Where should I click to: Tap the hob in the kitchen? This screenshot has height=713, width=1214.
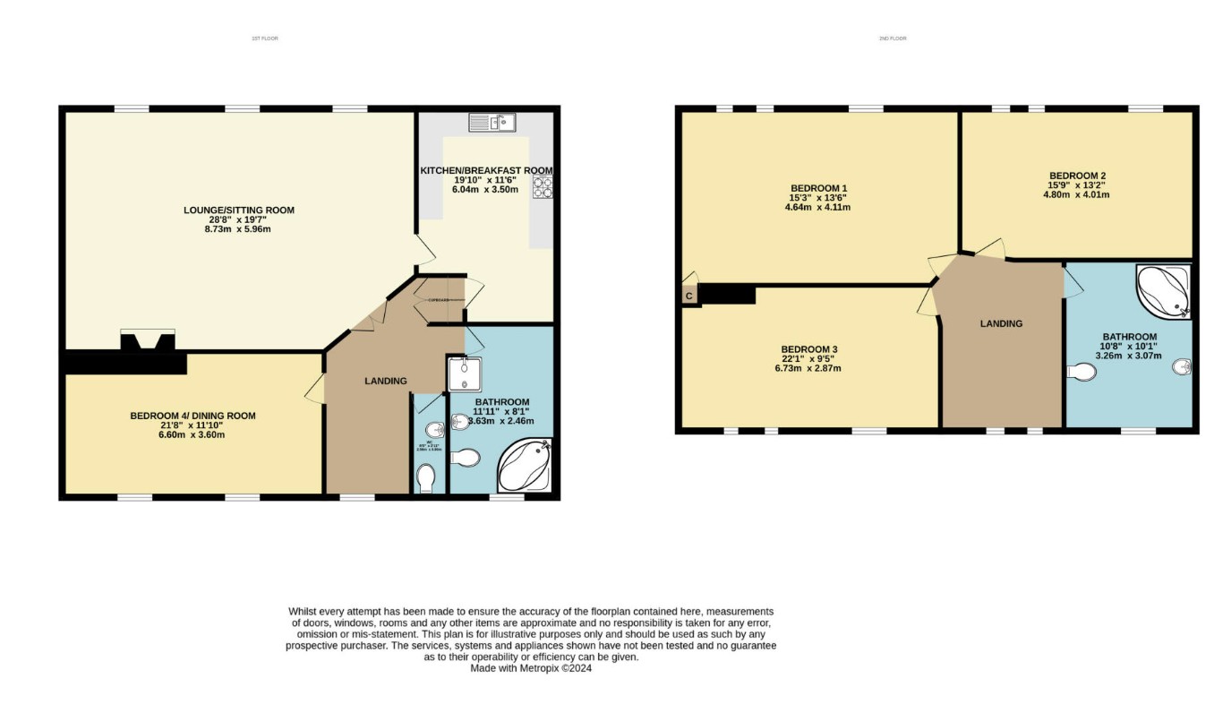click(x=543, y=187)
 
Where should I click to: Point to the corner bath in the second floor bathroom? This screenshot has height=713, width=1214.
click(x=1164, y=290)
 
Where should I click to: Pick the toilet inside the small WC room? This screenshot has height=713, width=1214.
click(x=426, y=477)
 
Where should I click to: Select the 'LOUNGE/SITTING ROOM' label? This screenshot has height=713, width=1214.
click(x=239, y=210)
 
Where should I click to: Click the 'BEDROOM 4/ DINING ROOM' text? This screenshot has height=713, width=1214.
click(x=192, y=416)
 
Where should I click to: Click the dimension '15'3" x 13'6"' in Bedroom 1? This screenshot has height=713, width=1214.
click(x=818, y=198)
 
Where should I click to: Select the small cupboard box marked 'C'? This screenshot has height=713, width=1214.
click(x=688, y=296)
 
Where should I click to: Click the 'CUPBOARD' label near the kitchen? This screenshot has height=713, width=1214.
click(x=438, y=300)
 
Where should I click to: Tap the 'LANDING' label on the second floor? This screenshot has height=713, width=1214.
click(x=1001, y=324)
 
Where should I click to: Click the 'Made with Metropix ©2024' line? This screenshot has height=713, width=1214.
click(x=531, y=667)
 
